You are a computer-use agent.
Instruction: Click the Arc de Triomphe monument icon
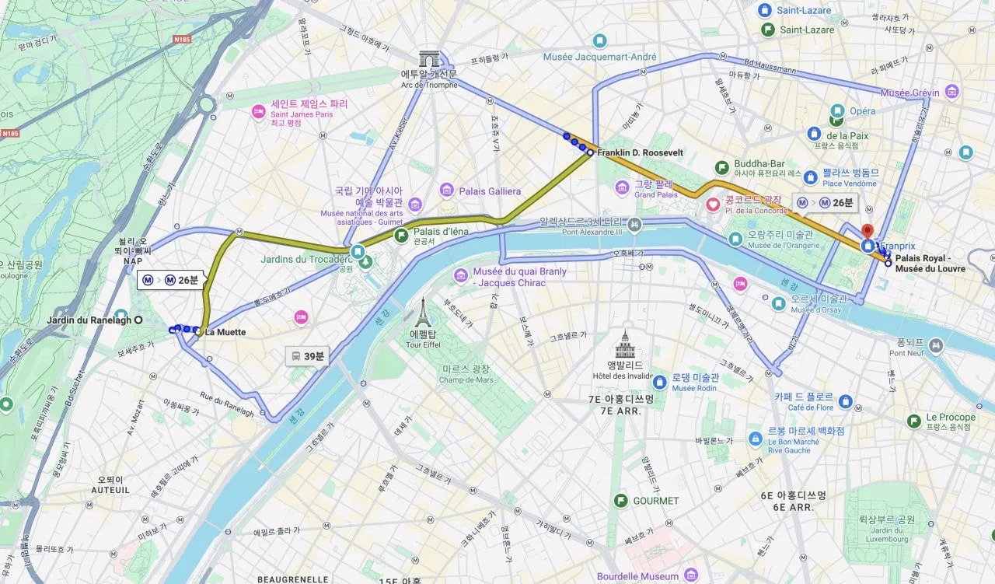tap(428, 59)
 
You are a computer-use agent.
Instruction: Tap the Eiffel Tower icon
tap(422, 311)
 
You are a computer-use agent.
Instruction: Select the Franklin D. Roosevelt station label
tap(640, 153)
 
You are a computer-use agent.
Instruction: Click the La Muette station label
tap(225, 332)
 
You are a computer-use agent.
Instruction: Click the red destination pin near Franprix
tap(868, 232)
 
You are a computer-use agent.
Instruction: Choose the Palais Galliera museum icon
tap(446, 191)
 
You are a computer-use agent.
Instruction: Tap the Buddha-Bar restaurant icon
tap(722, 166)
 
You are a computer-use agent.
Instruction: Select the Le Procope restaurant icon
tap(915, 421)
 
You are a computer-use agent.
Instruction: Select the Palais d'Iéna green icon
tap(402, 235)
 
